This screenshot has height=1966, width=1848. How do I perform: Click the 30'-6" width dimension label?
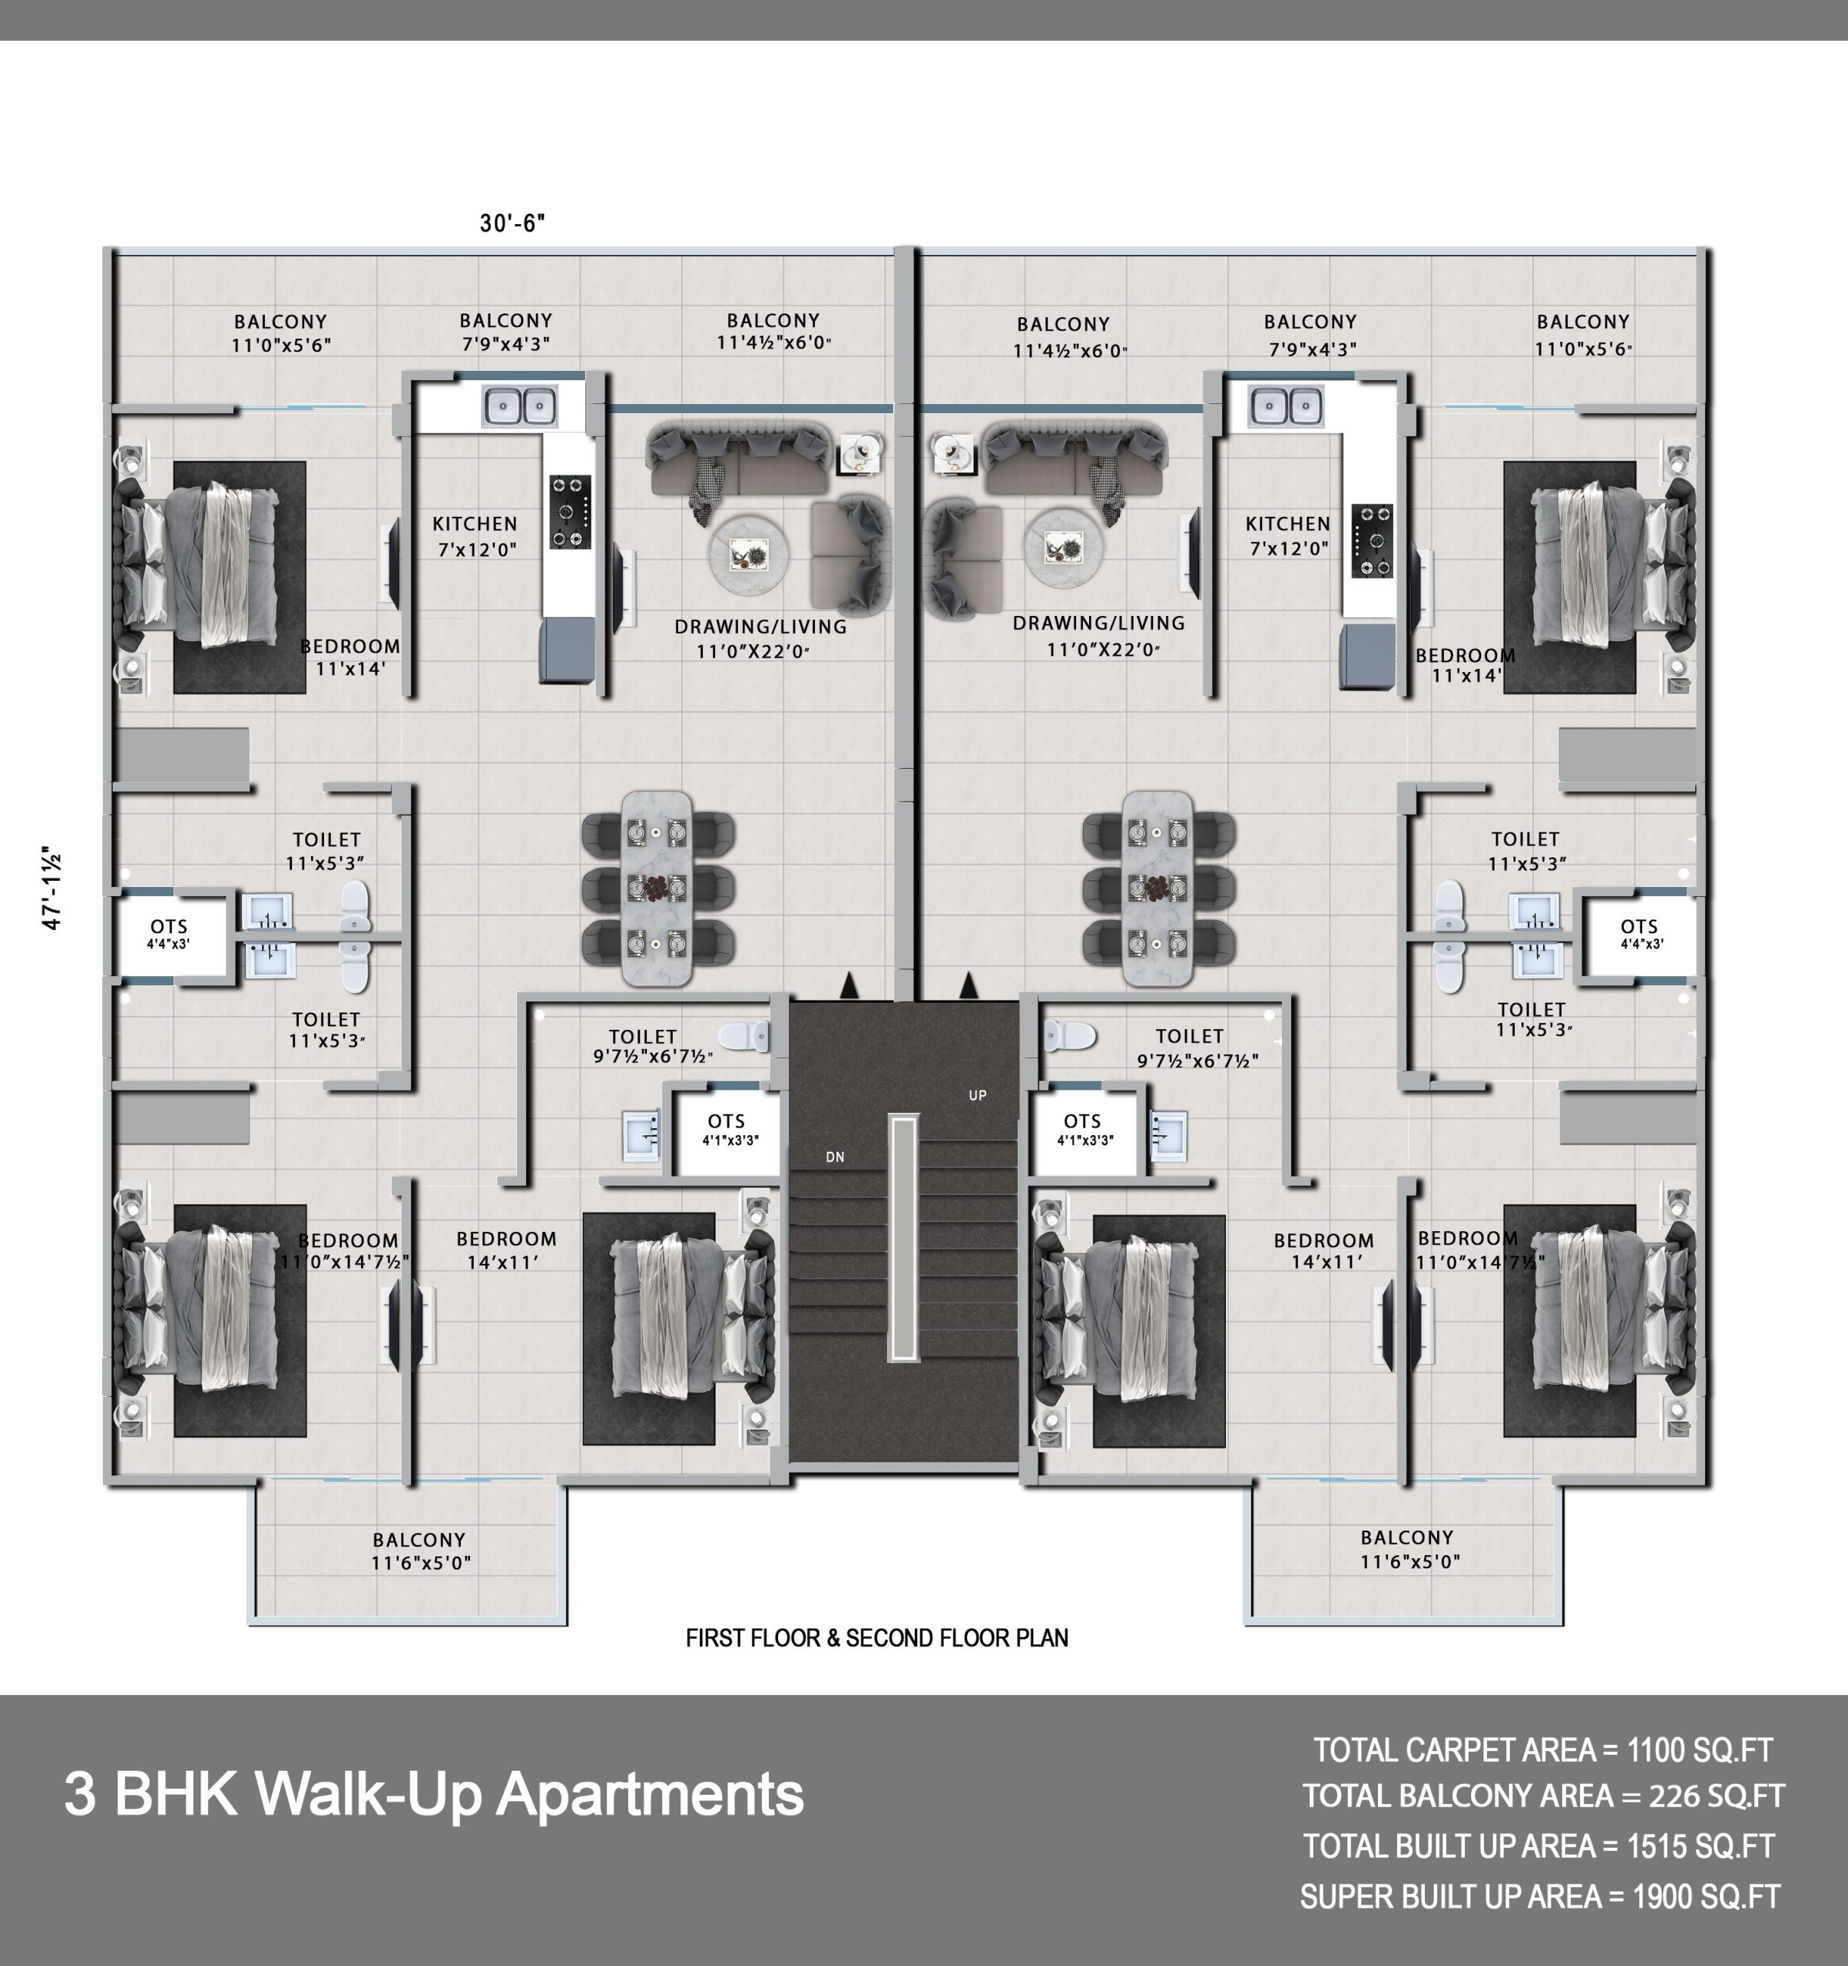[512, 223]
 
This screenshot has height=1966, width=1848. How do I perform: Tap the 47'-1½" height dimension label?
[52, 887]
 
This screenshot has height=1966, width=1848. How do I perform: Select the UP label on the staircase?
[978, 1095]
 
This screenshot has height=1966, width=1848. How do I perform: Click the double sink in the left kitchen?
[519, 405]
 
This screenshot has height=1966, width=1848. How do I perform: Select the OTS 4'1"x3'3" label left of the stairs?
[728, 1128]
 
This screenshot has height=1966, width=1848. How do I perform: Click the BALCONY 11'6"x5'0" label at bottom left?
[420, 1551]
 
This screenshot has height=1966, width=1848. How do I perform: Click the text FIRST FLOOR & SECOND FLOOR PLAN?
[876, 1637]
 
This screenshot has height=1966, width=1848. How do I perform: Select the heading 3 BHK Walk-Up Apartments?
[434, 1793]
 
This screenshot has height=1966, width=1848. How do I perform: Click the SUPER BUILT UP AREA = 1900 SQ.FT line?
[1540, 1897]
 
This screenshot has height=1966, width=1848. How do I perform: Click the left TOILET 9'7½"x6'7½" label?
[652, 1046]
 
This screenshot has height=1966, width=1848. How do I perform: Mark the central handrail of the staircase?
[904, 1238]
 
